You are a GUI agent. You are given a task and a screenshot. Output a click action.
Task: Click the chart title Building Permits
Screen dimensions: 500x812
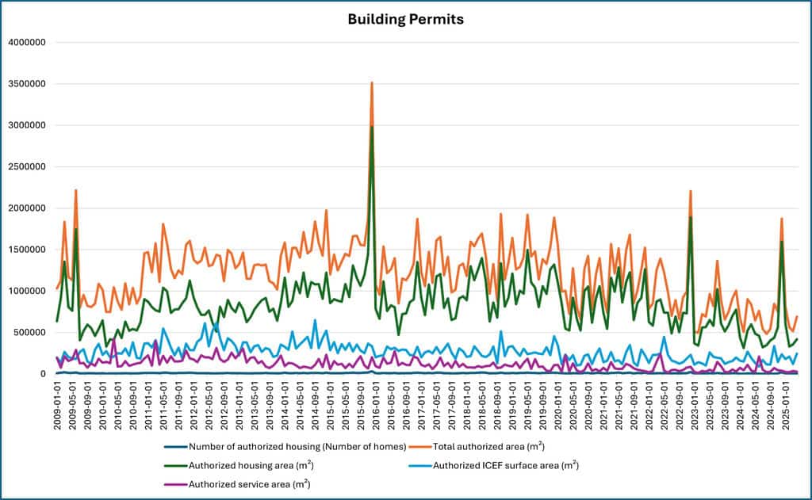405,18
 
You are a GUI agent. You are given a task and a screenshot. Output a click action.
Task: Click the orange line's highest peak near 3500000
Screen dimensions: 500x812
372,82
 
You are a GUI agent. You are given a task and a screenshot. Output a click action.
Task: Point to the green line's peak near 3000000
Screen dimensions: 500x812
372,127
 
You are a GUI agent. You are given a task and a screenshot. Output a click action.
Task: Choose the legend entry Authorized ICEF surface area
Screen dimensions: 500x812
506,464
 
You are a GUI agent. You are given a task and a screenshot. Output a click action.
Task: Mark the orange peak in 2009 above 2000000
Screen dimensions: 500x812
76,190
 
